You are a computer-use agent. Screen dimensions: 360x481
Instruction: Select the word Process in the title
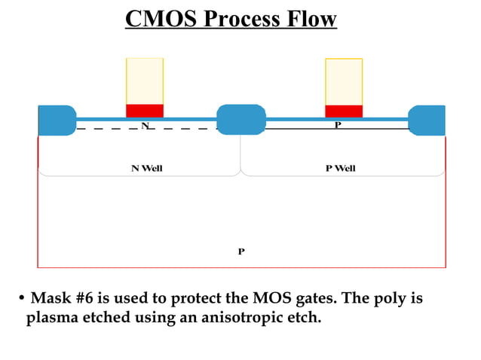click(239, 19)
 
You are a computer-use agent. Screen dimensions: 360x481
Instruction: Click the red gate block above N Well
click(145, 111)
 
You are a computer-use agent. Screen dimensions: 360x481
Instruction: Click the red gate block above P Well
click(344, 111)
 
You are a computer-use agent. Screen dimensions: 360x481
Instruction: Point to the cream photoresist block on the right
click(344, 81)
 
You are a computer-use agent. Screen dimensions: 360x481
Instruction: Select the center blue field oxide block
click(241, 120)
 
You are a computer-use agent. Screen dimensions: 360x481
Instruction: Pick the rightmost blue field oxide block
click(427, 121)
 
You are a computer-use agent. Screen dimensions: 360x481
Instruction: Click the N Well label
click(147, 168)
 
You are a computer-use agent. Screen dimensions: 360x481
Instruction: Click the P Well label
click(340, 168)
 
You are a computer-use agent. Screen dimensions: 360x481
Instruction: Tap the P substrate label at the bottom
click(241, 252)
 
